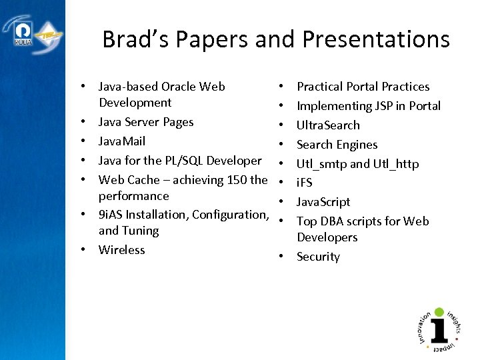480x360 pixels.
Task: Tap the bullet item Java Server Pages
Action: [x=146, y=122]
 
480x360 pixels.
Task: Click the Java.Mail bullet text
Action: [x=122, y=141]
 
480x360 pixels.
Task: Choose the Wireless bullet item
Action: [x=121, y=250]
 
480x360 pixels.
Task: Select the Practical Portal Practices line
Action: [x=363, y=87]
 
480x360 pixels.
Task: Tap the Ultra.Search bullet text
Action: [x=328, y=125]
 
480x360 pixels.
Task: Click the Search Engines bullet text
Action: [x=337, y=145]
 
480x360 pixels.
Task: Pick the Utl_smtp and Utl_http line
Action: [x=357, y=164]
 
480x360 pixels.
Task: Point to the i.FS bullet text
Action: [x=305, y=183]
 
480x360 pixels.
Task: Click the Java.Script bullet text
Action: [x=323, y=202]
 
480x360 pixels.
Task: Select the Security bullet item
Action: [x=318, y=257]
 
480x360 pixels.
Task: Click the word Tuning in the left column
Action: [x=140, y=231]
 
